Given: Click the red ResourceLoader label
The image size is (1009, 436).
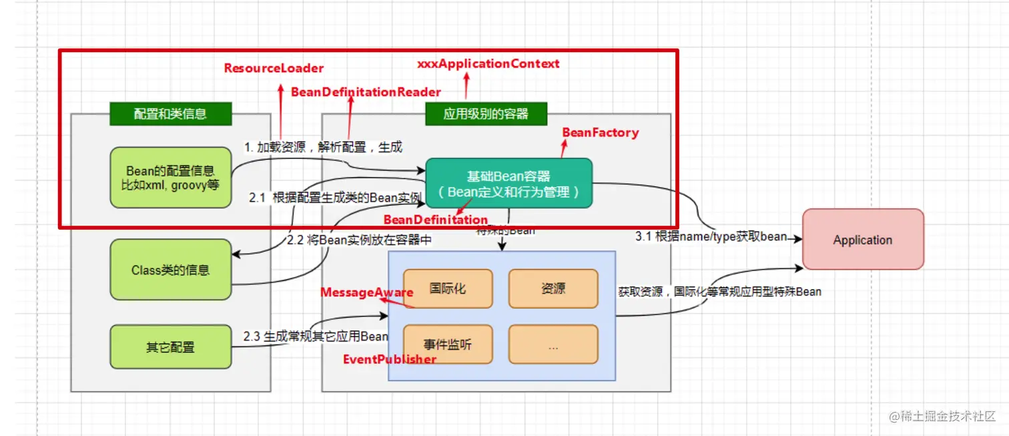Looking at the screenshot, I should point(274,68).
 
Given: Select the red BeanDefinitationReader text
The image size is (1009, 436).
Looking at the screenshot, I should point(366,92).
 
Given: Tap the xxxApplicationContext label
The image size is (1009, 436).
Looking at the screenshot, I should point(488,64).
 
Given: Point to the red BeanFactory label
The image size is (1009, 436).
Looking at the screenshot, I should point(600,132).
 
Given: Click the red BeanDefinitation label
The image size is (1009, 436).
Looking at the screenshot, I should point(435,220).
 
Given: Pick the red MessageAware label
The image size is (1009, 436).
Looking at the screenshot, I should point(366,292).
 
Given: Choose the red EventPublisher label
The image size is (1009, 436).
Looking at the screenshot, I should point(390,359).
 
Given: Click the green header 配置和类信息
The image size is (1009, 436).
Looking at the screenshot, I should point(170,114).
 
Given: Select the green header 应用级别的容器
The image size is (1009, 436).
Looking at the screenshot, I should point(486,114).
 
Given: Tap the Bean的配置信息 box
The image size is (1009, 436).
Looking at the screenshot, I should point(170,178).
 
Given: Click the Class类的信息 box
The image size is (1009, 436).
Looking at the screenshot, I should point(170,270).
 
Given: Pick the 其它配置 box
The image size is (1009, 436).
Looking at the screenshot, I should point(170,347).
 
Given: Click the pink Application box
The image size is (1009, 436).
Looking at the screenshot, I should point(862,240).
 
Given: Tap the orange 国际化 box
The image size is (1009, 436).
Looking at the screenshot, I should point(448,288).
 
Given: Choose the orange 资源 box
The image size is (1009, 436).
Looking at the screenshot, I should point(553,288).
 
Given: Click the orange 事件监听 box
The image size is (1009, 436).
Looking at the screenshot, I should point(448,345).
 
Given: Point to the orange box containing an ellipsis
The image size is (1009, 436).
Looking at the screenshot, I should point(553,345).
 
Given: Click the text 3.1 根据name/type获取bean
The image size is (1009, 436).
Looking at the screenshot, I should point(711,236).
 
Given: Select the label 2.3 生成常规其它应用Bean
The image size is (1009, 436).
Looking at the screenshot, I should point(316,336).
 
